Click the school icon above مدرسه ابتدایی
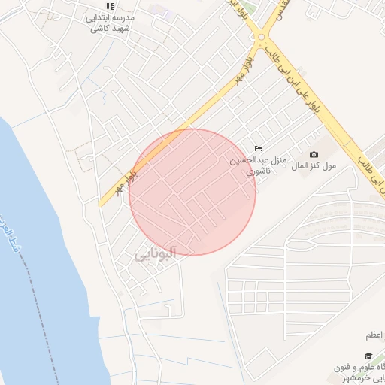tap(110, 6)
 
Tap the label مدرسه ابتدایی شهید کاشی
tap(111, 23)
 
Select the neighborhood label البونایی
tap(155, 256)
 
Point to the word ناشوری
tap(260, 171)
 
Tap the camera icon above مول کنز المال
tap(314, 154)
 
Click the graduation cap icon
tap(368, 356)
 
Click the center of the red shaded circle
tap(192, 192)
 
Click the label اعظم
tap(374, 335)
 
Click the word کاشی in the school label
tap(99, 29)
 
